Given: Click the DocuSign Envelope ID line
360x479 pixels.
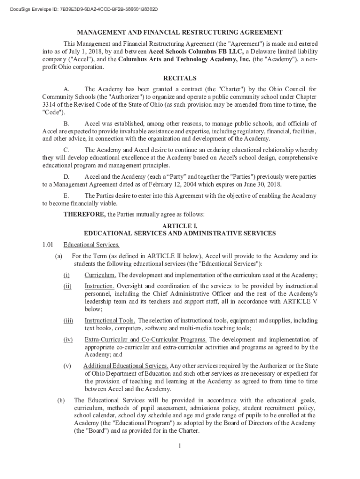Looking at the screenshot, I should pyautogui.click(x=80, y=9).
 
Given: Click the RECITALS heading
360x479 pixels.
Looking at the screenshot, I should pyautogui.click(x=180, y=78).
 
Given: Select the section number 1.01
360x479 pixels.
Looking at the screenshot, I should pyautogui.click(x=49, y=245).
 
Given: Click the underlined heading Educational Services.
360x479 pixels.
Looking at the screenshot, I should pyautogui.click(x=92, y=245).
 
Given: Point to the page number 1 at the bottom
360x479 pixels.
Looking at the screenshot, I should pyautogui.click(x=180, y=446).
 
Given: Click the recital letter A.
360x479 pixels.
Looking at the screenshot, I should pyautogui.click(x=66, y=89).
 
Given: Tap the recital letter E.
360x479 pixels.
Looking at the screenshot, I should pyautogui.click(x=66, y=196).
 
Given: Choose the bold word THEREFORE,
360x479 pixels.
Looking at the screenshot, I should pyautogui.click(x=85, y=215).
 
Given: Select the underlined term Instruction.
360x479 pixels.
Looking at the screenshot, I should pyautogui.click(x=99, y=286).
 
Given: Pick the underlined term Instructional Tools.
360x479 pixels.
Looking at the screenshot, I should pyautogui.click(x=110, y=320).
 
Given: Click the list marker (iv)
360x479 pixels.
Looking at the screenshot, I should pyautogui.click(x=68, y=339).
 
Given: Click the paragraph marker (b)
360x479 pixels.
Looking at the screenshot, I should pyautogui.click(x=61, y=400).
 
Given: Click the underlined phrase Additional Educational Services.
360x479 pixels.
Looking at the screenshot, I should pyautogui.click(x=126, y=365).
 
